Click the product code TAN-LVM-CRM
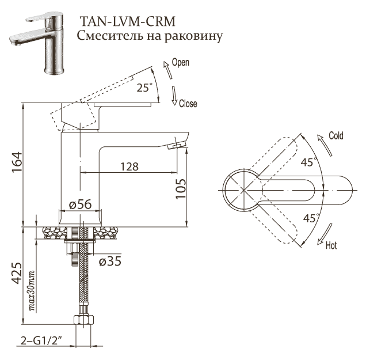(x=127, y=21)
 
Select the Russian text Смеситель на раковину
(x=149, y=36)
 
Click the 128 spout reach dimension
(x=129, y=166)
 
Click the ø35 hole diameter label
(x=109, y=261)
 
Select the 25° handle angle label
(x=144, y=88)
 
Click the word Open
(x=180, y=62)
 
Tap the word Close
(x=188, y=104)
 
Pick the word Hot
(x=331, y=246)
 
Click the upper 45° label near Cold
(x=308, y=162)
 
